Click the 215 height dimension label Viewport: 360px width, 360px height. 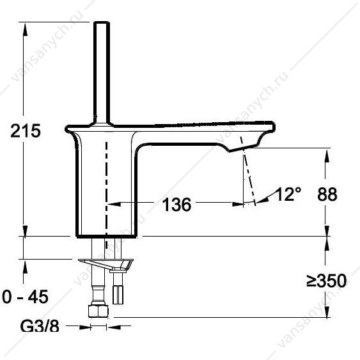(26, 131)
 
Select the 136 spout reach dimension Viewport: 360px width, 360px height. (176, 205)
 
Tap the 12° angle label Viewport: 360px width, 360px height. (288, 194)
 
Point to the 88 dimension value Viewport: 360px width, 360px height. (327, 194)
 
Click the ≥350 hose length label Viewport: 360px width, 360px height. (327, 281)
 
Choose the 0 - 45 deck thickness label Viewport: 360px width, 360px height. (25, 297)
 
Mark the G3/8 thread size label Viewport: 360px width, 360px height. (40, 326)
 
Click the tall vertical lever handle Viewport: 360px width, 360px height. (102, 73)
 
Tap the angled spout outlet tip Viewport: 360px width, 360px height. (244, 148)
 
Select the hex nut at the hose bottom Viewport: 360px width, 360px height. (98, 311)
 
